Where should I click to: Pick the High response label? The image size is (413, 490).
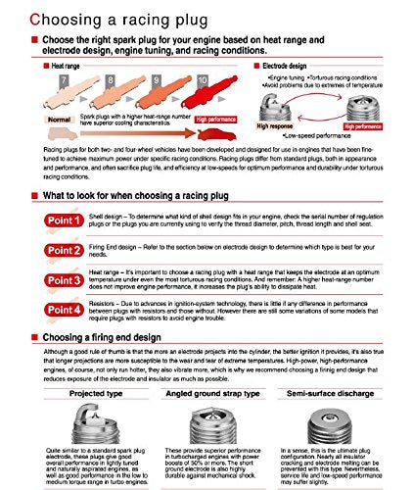click(277, 126)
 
